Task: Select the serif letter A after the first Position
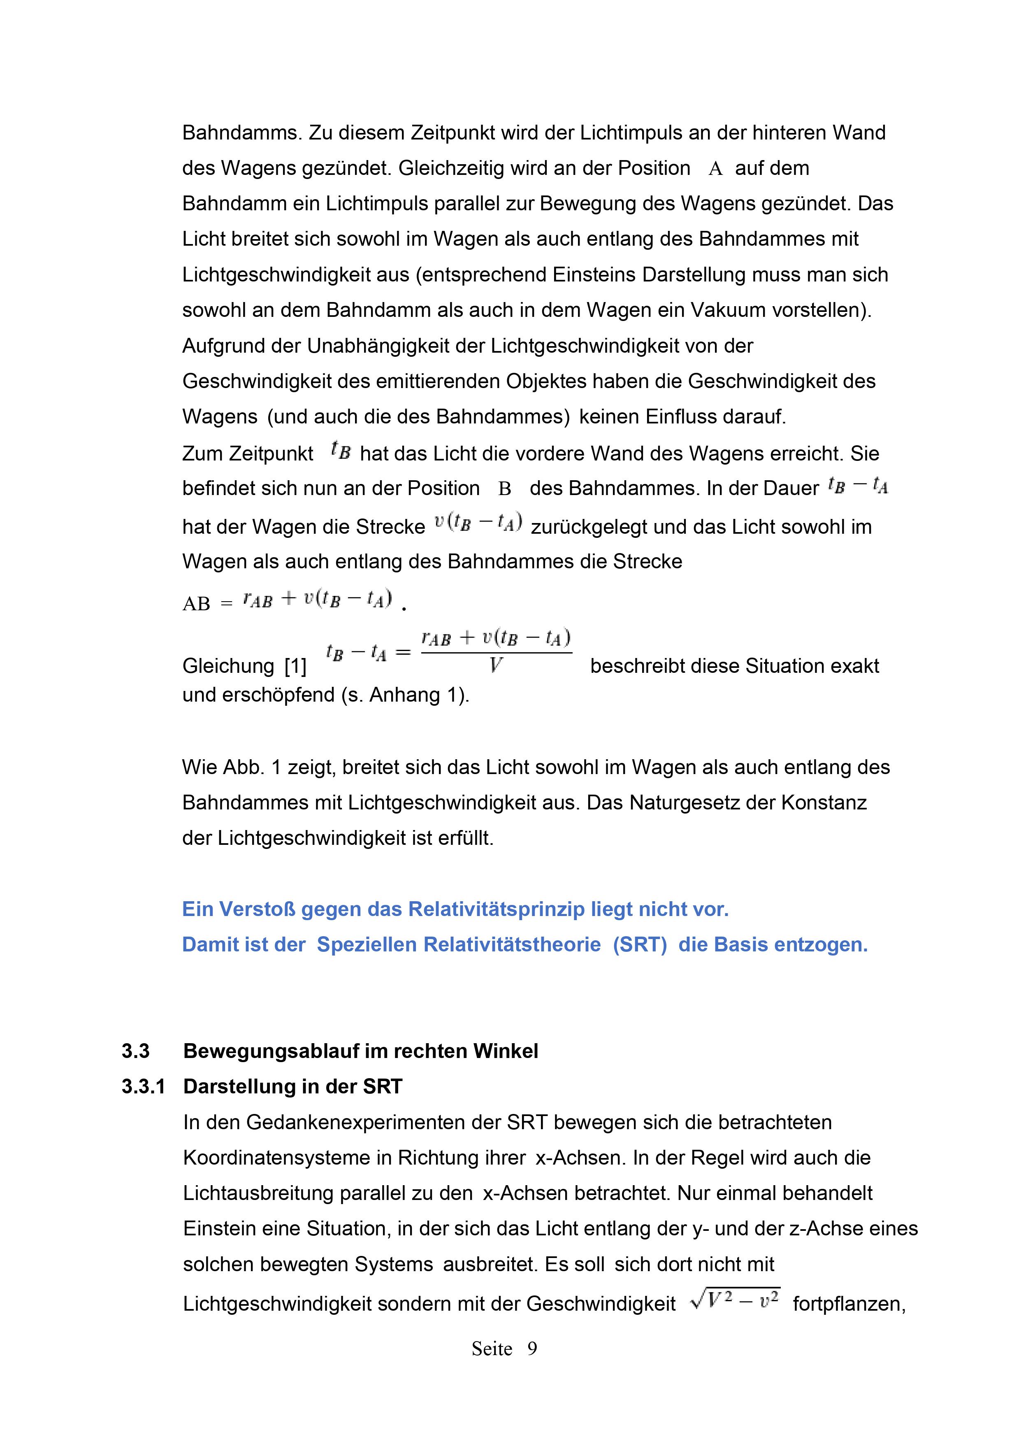(x=715, y=169)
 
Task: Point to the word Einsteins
(x=595, y=275)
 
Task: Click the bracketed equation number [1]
(x=295, y=666)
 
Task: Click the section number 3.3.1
(x=143, y=1087)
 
